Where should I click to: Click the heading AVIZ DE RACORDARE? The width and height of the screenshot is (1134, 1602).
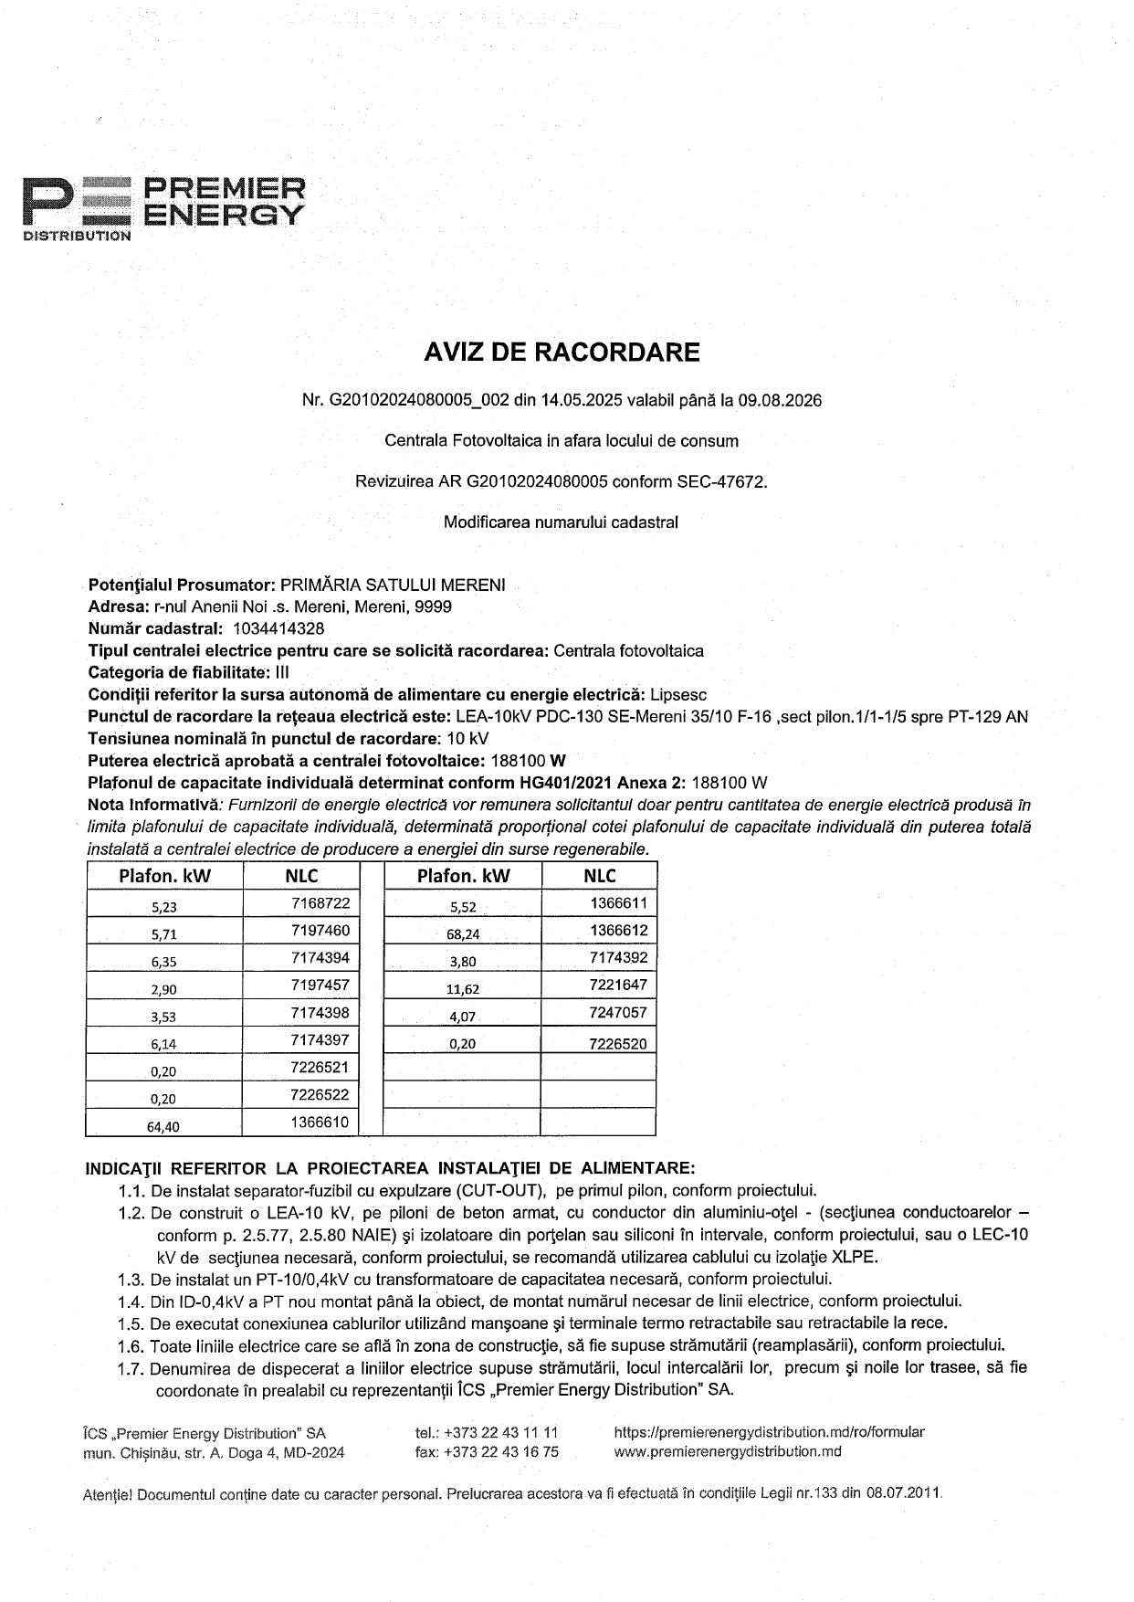[562, 353]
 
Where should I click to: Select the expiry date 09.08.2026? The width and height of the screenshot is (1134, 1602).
[782, 401]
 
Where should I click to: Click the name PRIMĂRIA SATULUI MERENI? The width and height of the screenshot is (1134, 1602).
[392, 585]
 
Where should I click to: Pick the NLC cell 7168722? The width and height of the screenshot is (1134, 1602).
[320, 903]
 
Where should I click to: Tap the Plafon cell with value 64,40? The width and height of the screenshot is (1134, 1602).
[163, 1126]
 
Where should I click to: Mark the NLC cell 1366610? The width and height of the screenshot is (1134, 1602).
[320, 1122]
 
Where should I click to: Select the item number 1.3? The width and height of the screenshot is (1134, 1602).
[131, 1279]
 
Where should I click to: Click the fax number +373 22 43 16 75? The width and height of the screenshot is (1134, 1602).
[499, 1452]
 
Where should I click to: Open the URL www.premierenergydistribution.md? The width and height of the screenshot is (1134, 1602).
[728, 1452]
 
